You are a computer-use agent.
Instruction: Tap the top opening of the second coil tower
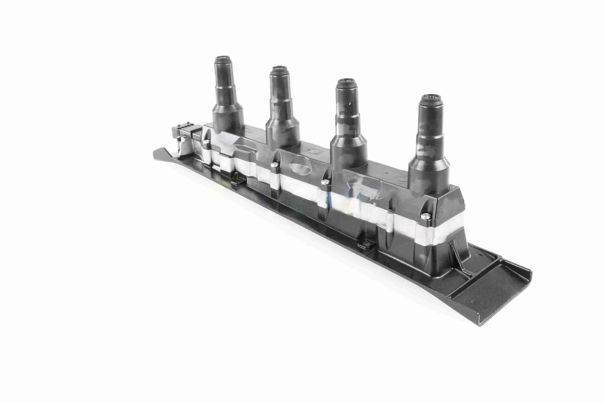pos(279,69)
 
